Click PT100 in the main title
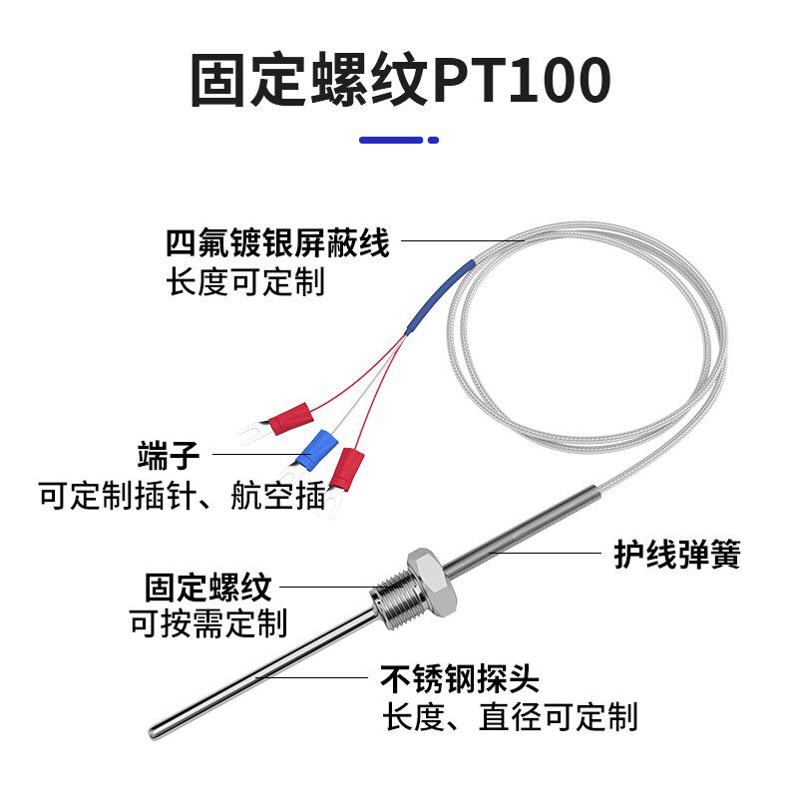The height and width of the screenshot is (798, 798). pyautogui.click(x=521, y=82)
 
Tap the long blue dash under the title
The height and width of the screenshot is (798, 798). pyautogui.click(x=391, y=140)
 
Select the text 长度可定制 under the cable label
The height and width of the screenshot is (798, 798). pyautogui.click(x=245, y=282)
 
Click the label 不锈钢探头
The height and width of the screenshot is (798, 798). pyautogui.click(x=460, y=679)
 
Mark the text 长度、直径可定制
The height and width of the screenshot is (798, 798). pyautogui.click(x=510, y=716)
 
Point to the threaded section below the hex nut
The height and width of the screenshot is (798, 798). pyautogui.click(x=386, y=600)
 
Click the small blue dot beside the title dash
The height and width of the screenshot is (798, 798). pyautogui.click(x=433, y=140)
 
